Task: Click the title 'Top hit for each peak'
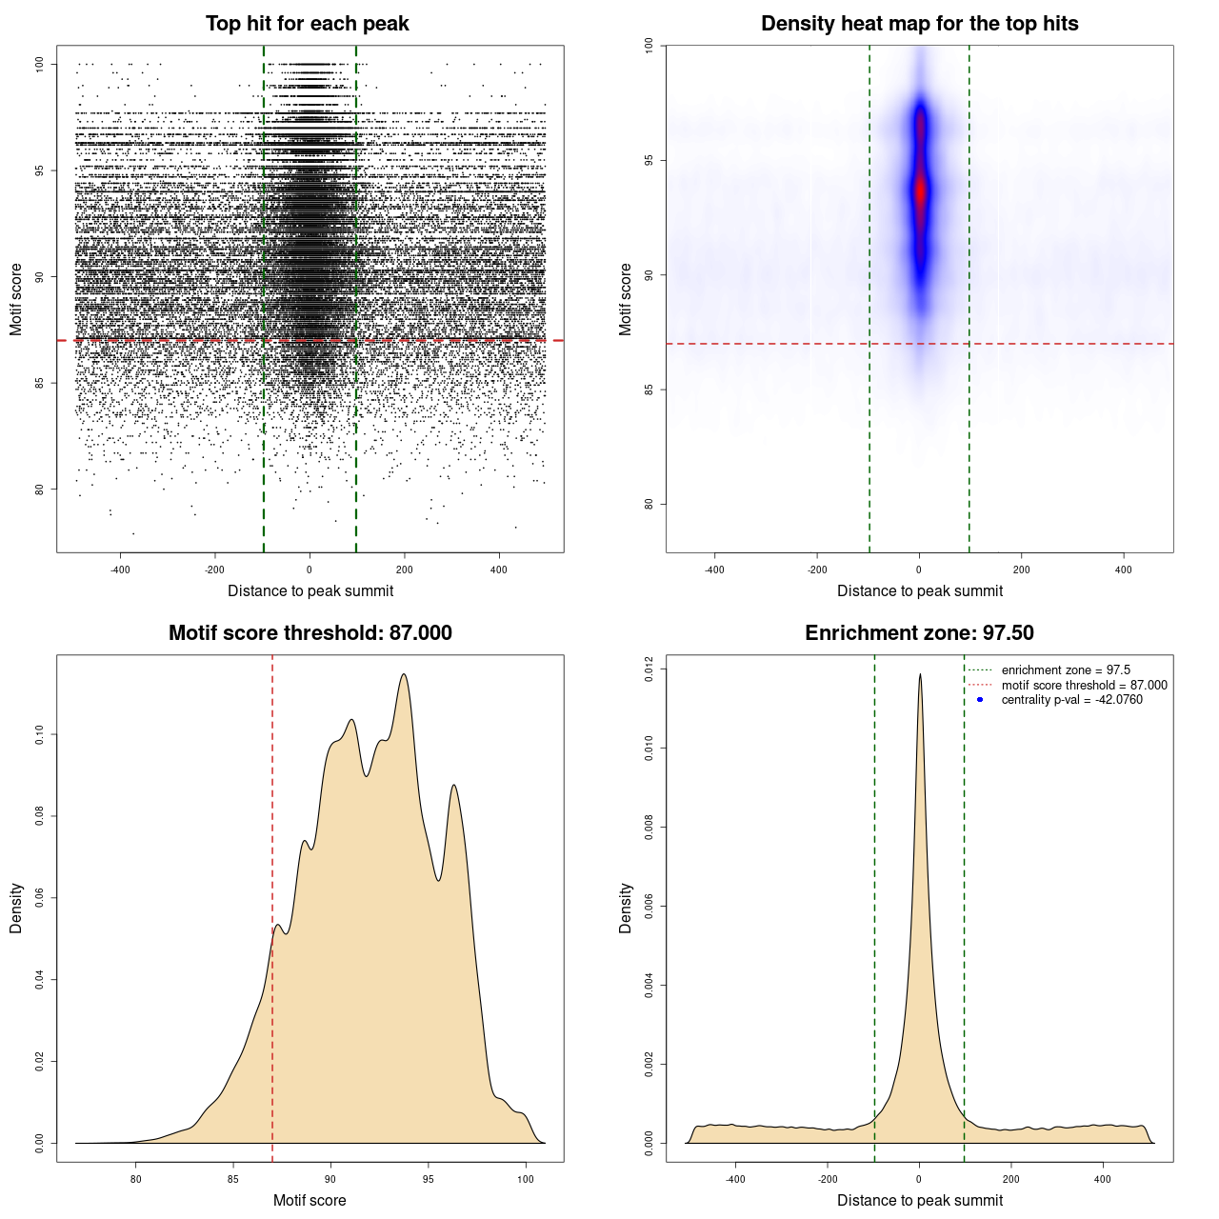tap(307, 24)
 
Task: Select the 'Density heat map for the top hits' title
tap(919, 24)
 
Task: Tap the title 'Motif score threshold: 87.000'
tap(310, 633)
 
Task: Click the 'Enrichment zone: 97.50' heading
tap(919, 633)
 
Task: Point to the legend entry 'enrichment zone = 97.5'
tap(1066, 670)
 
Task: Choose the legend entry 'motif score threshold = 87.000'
tap(1084, 685)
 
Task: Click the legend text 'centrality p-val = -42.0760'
tap(1071, 700)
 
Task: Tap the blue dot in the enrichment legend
tap(980, 700)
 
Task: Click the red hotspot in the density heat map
tap(920, 191)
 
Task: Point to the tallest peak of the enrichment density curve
tap(920, 675)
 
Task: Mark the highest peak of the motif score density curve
tap(405, 675)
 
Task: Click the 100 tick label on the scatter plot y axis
tap(40, 65)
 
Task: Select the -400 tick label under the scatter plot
tap(120, 570)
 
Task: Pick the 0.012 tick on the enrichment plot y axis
tap(649, 669)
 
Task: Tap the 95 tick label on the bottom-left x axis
tap(429, 1179)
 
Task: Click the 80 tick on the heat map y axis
tap(649, 504)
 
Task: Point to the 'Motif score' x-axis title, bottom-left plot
tap(310, 1200)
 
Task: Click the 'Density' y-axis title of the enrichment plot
tap(626, 908)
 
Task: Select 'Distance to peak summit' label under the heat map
tap(919, 590)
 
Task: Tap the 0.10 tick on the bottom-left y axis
tap(40, 734)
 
